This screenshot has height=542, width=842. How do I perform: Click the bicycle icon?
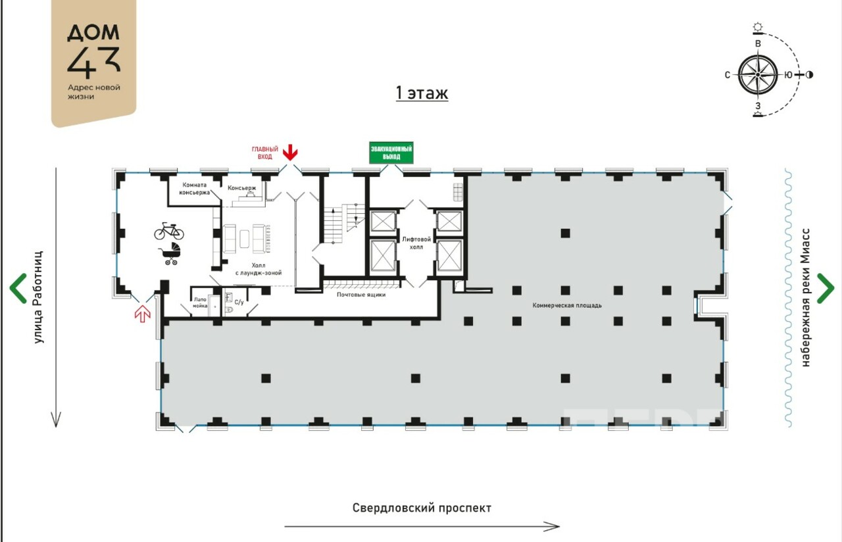click(x=169, y=231)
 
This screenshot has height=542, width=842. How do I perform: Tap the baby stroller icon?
click(x=171, y=254)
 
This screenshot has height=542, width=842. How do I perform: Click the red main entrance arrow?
click(x=290, y=152)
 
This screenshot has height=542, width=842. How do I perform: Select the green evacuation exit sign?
click(x=391, y=153)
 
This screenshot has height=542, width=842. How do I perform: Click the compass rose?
click(x=758, y=75)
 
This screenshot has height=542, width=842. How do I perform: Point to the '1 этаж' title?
click(x=422, y=93)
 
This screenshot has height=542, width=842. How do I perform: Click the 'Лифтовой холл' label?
click(x=416, y=243)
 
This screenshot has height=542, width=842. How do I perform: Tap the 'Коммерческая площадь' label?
click(x=567, y=305)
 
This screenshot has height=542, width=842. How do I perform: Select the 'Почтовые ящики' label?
click(x=361, y=295)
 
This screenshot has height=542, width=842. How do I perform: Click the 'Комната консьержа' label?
click(x=194, y=189)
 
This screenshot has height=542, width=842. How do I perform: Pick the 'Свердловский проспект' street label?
click(x=422, y=508)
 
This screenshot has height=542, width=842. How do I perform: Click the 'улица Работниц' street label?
click(x=38, y=297)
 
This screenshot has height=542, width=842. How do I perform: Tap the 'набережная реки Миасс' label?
click(x=805, y=297)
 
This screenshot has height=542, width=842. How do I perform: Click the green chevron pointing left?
click(x=17, y=288)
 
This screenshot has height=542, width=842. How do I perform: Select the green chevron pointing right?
click(x=826, y=288)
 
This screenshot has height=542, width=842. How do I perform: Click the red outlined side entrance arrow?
click(x=143, y=314)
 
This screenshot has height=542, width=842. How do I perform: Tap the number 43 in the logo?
click(x=94, y=62)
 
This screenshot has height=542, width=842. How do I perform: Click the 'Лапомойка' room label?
click(x=200, y=303)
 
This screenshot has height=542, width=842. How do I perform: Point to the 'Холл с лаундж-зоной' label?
click(x=259, y=269)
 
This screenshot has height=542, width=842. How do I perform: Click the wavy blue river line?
click(x=788, y=298)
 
